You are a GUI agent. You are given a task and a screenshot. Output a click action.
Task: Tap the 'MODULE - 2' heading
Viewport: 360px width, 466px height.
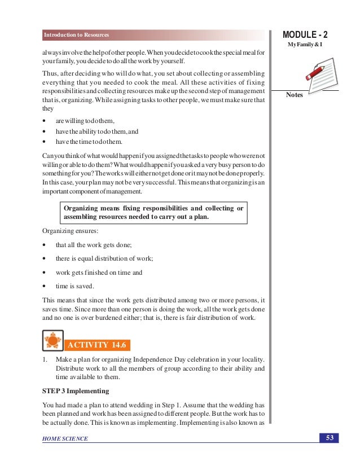(309, 34)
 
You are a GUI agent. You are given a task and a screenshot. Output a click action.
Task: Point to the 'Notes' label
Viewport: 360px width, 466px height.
(295, 95)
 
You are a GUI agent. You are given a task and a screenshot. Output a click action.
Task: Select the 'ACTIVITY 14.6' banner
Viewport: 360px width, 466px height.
(98, 345)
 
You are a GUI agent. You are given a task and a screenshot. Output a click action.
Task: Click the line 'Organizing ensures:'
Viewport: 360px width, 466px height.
(66, 231)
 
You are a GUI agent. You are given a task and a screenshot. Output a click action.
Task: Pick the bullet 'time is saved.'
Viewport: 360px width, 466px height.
(74, 286)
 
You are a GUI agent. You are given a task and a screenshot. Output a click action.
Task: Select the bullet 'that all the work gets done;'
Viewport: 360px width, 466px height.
(94, 245)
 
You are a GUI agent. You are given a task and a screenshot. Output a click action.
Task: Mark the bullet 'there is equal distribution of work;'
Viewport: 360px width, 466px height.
(104, 258)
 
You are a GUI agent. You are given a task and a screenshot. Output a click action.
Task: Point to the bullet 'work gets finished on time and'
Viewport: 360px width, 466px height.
(99, 272)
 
